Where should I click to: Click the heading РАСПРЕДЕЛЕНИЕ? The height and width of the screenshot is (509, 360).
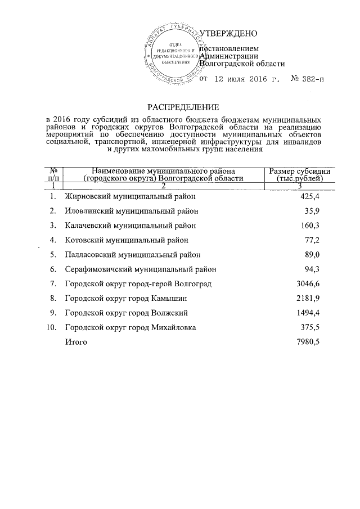click(x=179, y=107)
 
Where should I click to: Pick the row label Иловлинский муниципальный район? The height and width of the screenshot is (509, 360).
click(x=131, y=211)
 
